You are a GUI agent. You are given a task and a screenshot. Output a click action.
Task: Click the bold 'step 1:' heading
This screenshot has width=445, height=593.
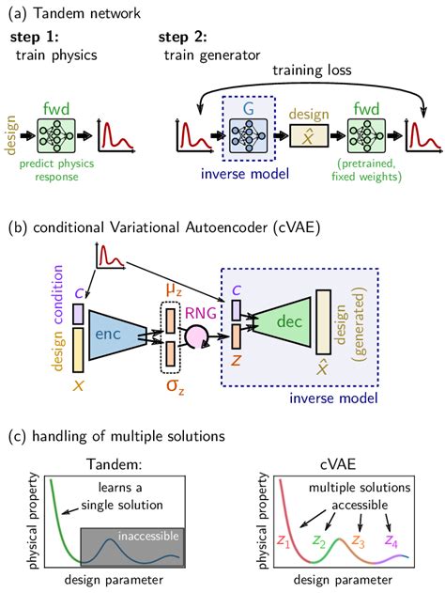tap(35, 37)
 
